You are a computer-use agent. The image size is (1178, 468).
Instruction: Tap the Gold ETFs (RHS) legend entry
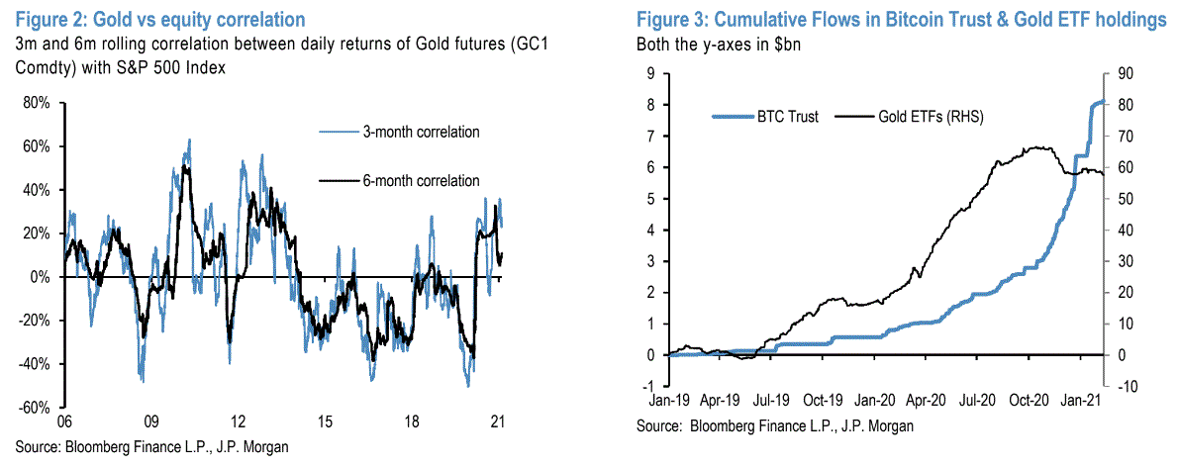click(926, 117)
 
